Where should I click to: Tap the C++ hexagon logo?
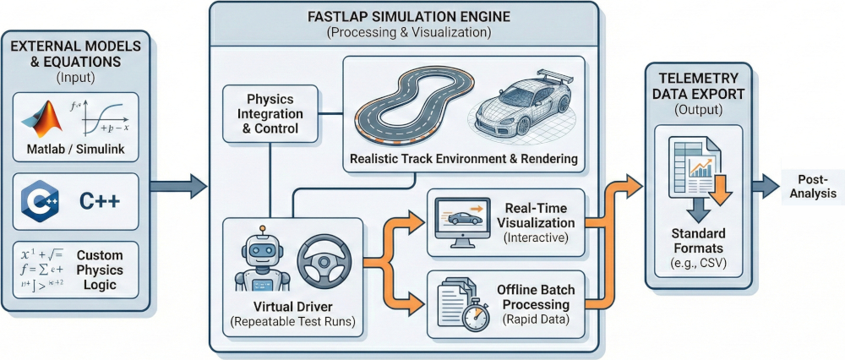click(x=43, y=202)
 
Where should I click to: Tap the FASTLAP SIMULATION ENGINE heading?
click(x=404, y=17)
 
